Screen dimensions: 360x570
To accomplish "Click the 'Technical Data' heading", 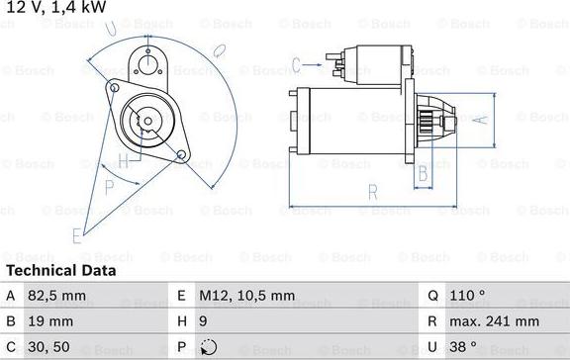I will pos(61,270).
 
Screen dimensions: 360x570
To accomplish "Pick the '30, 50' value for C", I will pos(50,346).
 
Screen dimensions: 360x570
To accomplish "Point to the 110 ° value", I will pos(470,295).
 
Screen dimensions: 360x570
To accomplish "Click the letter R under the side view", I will pos(371,192).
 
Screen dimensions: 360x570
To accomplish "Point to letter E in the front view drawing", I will pos(76,234).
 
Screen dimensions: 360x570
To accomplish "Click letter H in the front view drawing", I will pos(123,160).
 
